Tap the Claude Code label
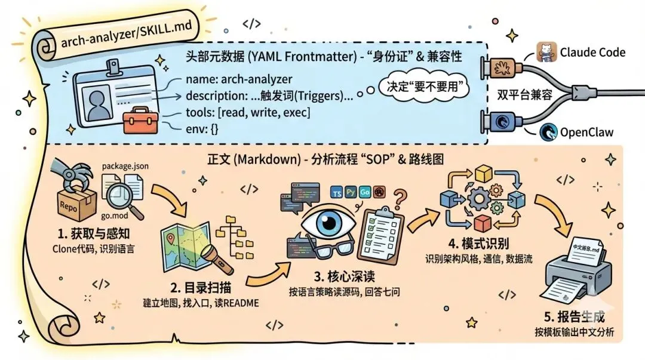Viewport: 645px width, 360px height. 592,52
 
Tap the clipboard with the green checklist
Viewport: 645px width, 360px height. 382,226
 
